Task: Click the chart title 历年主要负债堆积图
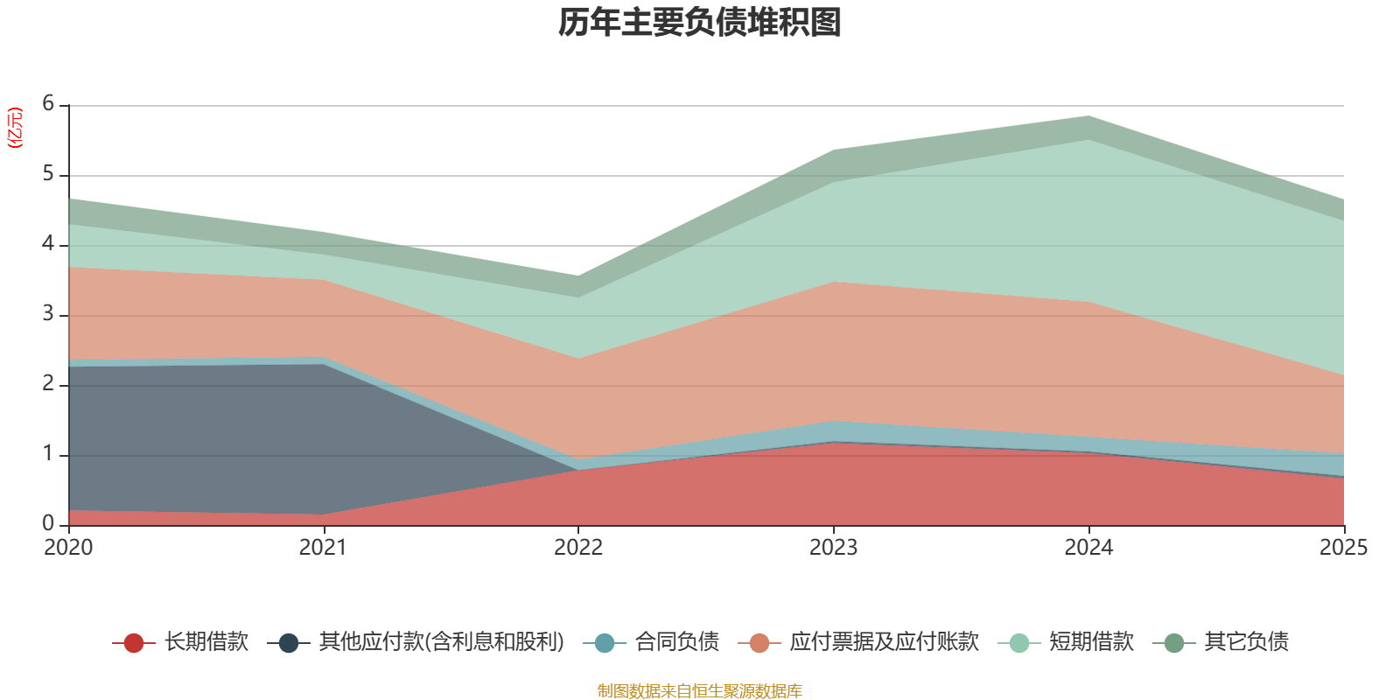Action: click(699, 23)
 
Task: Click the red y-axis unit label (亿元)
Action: click(14, 128)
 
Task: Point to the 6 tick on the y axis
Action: click(48, 103)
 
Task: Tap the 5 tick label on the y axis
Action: click(48, 173)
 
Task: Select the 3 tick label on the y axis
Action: click(48, 313)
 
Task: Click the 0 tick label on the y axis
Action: click(48, 523)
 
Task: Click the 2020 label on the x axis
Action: click(68, 548)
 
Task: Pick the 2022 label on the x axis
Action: click(578, 548)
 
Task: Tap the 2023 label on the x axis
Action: click(833, 548)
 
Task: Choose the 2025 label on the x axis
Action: click(1344, 548)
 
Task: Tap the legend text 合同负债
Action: click(677, 642)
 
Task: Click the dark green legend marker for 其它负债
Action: click(1174, 642)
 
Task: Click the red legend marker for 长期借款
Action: click(134, 642)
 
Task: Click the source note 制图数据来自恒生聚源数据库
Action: click(699, 690)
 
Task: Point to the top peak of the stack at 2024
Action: click(1088, 116)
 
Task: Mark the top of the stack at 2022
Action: click(578, 276)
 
